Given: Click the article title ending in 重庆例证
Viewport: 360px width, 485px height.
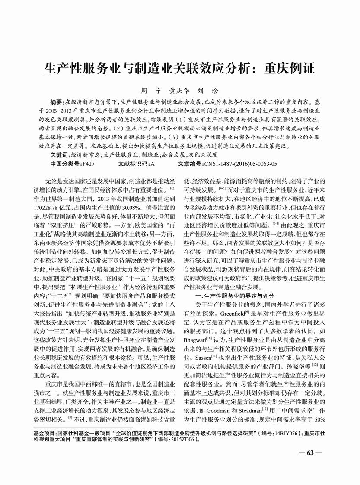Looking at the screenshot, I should tap(180, 69).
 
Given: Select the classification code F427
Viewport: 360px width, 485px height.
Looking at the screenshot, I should tap(88, 164).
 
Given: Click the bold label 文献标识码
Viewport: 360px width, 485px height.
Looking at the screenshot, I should tap(132, 164).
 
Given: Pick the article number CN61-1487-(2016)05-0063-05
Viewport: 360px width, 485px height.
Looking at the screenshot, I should tap(240, 164).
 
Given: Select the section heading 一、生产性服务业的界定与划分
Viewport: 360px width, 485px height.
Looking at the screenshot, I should tap(236, 295).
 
